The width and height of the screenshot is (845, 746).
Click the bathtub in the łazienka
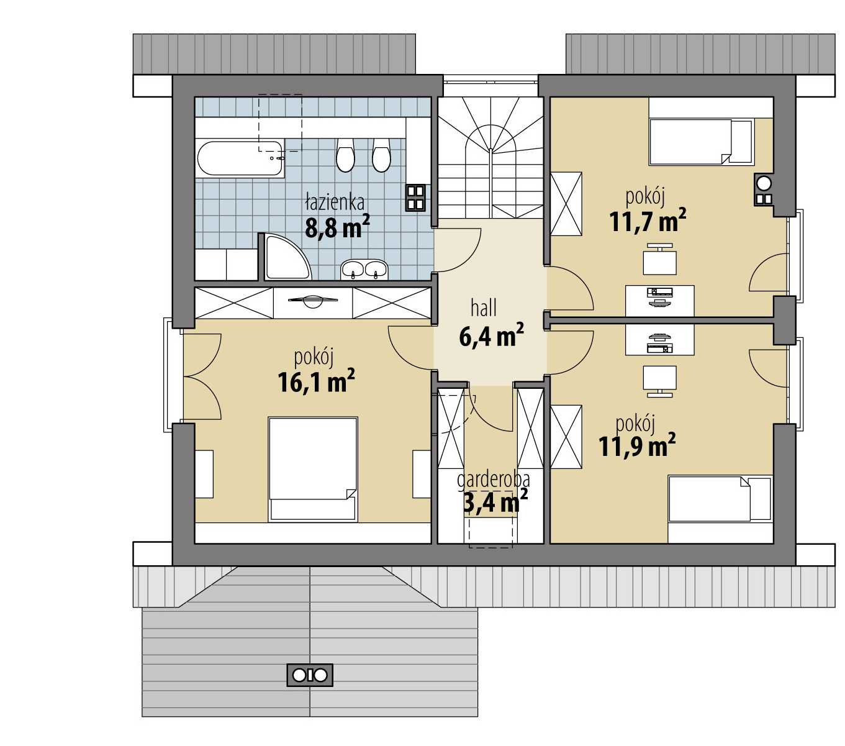(x=240, y=158)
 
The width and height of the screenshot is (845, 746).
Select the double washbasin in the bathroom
(x=364, y=270)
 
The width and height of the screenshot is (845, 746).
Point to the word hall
(x=484, y=308)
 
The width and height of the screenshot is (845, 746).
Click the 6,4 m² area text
(x=491, y=335)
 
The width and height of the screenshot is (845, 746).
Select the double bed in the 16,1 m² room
(x=313, y=469)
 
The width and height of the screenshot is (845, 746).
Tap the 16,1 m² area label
(x=316, y=381)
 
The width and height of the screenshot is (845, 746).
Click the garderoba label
(x=493, y=480)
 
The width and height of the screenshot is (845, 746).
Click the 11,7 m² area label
(x=648, y=220)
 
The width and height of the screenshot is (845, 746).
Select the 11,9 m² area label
(x=637, y=445)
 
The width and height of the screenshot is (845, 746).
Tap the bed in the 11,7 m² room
(x=701, y=142)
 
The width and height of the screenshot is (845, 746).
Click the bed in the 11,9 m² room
(x=720, y=499)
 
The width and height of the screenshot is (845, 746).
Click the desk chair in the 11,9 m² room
(x=659, y=381)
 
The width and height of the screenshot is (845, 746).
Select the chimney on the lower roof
(x=310, y=675)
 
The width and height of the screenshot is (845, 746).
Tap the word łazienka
(x=335, y=202)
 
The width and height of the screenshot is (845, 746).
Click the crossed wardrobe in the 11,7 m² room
(x=566, y=204)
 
